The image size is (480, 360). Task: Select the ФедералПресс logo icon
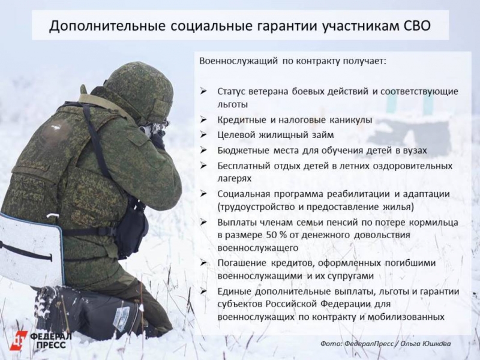coord(19,340)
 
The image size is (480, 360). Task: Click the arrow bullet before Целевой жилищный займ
coord(204,134)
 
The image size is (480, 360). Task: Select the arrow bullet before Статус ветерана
coord(204,91)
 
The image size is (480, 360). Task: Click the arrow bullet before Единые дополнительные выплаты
coord(204,291)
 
